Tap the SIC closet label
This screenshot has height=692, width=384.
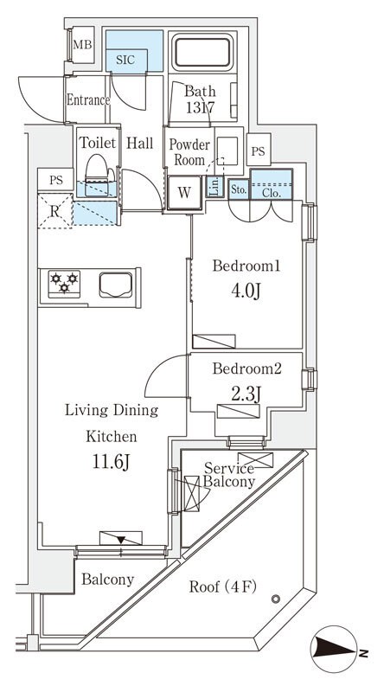pyautogui.click(x=125, y=60)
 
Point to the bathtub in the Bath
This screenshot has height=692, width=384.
pyautogui.click(x=202, y=52)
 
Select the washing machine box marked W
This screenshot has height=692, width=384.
pyautogui.click(x=184, y=192)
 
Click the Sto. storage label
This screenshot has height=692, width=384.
pyautogui.click(x=239, y=190)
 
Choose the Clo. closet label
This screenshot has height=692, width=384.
pyautogui.click(x=272, y=192)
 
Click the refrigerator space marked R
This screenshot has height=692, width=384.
pyautogui.click(x=55, y=211)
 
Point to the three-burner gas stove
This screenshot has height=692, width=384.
pyautogui.click(x=64, y=284)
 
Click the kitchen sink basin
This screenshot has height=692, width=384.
pyautogui.click(x=116, y=285)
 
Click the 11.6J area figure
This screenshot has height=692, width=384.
pyautogui.click(x=111, y=462)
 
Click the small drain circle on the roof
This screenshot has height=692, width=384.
pyautogui.click(x=276, y=599)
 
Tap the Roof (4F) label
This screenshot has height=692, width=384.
pyautogui.click(x=223, y=587)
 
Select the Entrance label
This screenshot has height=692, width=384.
pyautogui.click(x=88, y=100)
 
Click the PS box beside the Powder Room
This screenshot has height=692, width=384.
pyautogui.click(x=259, y=151)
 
